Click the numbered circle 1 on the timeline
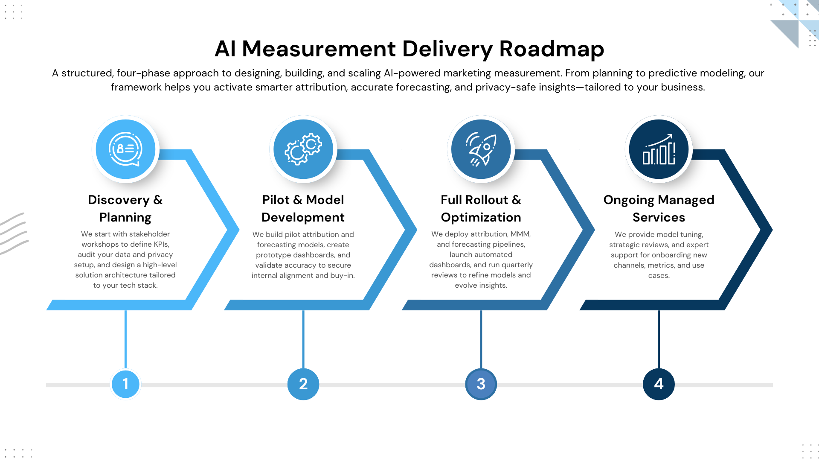tap(125, 384)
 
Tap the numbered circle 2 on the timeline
tap(303, 384)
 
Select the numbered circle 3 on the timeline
tap(481, 384)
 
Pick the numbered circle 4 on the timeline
tap(659, 384)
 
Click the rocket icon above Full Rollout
tap(481, 149)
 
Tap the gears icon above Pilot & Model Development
tap(303, 149)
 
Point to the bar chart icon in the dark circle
tap(659, 149)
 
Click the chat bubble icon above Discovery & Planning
tap(125, 149)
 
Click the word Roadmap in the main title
tap(552, 49)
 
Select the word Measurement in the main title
tap(319, 49)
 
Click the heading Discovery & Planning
tap(125, 208)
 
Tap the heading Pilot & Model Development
tap(303, 208)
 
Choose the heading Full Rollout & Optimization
tap(481, 208)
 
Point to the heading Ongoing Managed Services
tap(659, 208)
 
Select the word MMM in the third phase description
tap(520, 234)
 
